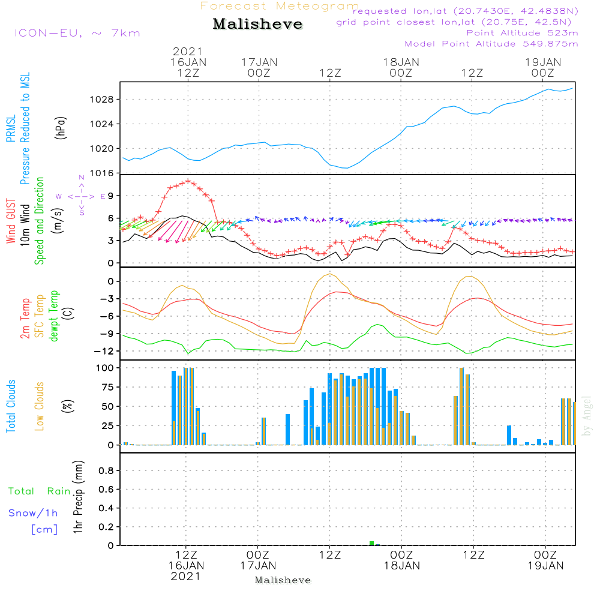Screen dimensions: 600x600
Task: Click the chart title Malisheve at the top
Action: tap(257, 25)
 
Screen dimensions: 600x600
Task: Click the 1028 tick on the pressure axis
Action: tap(106, 100)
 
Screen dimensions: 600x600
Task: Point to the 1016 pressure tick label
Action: tap(106, 173)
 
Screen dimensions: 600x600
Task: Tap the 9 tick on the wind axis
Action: tap(111, 196)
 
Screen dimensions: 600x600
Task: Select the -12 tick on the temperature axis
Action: tap(106, 351)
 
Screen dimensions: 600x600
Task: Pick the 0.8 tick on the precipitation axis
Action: tap(106, 471)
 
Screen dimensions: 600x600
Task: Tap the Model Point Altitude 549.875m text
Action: tap(491, 44)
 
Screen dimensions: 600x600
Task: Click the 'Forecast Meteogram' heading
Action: tap(280, 6)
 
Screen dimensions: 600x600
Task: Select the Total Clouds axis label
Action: tap(11, 406)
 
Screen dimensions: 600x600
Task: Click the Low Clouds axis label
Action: tap(40, 406)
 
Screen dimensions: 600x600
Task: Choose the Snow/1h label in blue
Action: tap(34, 513)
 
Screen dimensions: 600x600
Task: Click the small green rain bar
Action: tap(372, 543)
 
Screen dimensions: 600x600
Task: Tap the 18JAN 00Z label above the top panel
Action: tap(401, 67)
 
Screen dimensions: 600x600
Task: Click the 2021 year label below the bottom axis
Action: tap(186, 576)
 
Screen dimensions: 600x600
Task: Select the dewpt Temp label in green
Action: tap(54, 316)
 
